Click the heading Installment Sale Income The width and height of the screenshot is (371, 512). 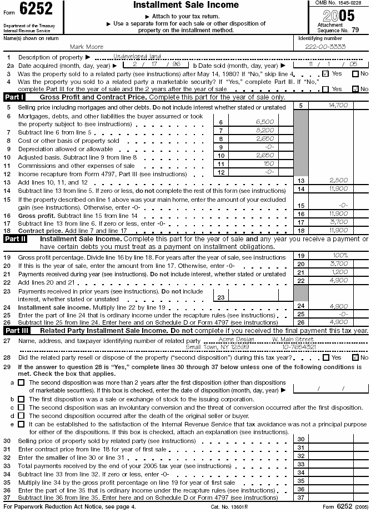[x=185, y=5]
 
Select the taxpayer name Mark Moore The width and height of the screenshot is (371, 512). [x=86, y=47]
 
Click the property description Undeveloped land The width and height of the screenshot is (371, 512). [x=137, y=56]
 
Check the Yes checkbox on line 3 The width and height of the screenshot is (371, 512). [x=325, y=73]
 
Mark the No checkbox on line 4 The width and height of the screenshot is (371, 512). [x=355, y=89]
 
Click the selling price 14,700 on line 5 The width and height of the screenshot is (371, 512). [x=338, y=105]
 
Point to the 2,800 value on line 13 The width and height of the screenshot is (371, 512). [x=338, y=181]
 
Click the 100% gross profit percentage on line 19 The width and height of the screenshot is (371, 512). [x=338, y=256]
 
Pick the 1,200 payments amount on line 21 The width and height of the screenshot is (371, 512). [x=338, y=272]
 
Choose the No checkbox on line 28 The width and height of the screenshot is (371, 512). [x=355, y=357]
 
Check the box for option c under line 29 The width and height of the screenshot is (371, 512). [x=21, y=407]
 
